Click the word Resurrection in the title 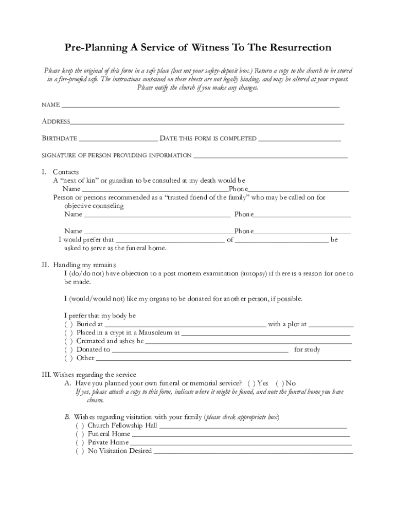tap(298, 48)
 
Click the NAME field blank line tap(201, 106)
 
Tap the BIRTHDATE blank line tap(118, 139)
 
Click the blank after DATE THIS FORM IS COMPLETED tap(299, 139)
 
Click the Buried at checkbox tap(68, 325)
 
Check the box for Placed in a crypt tap(68, 333)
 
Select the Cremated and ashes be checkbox tap(68, 341)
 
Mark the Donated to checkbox tap(68, 350)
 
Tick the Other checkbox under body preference tap(68, 358)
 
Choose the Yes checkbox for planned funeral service tap(251, 383)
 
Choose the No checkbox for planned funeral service tap(280, 383)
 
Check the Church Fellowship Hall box tap(80, 426)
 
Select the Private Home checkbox tap(80, 443)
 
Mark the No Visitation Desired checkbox tap(80, 451)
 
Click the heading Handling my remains tap(88, 265)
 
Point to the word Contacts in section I tap(66, 172)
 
